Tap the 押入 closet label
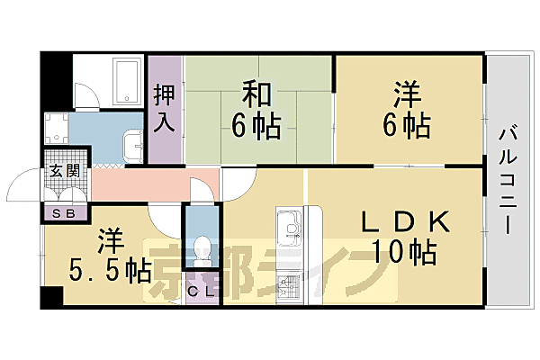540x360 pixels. point(164,108)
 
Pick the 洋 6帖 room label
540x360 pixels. point(409,109)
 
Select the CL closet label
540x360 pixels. point(200,290)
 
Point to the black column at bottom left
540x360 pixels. point(51,297)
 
